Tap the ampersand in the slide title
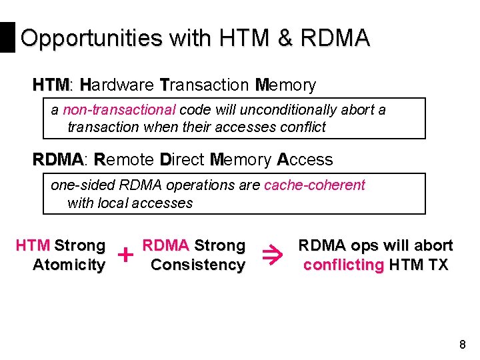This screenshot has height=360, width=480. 285,38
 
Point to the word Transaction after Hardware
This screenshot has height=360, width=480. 204,85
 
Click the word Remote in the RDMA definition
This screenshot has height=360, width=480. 124,160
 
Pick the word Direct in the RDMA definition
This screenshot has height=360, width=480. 182,160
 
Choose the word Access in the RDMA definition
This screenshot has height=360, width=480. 305,160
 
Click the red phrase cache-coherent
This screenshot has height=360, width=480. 315,185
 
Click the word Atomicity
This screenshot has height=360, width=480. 69,265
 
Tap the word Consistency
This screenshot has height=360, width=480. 197,265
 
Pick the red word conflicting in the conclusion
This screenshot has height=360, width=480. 343,265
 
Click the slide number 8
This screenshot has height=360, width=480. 463,345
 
